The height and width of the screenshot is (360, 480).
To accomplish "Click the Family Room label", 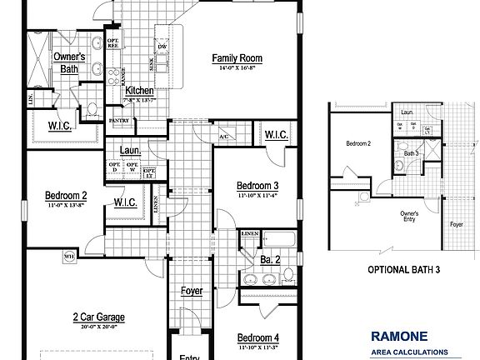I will pyautogui.click(x=237, y=57).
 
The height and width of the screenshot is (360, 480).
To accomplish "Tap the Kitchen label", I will pyautogui.click(x=140, y=89).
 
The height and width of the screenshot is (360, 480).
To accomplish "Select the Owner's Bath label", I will pyautogui.click(x=71, y=62).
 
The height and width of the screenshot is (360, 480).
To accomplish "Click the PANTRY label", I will pyautogui.click(x=119, y=120).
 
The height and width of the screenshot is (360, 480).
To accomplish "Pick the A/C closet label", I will pyautogui.click(x=224, y=136).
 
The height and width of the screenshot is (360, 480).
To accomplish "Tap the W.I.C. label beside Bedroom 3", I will pyautogui.click(x=277, y=135).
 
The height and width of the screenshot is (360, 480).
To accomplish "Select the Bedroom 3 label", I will pyautogui.click(x=257, y=185).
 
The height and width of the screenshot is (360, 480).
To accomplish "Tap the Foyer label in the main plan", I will pyautogui.click(x=192, y=291).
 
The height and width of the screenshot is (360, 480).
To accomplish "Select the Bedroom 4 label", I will pyautogui.click(x=257, y=337).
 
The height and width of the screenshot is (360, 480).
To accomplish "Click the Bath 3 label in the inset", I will pyautogui.click(x=412, y=153).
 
